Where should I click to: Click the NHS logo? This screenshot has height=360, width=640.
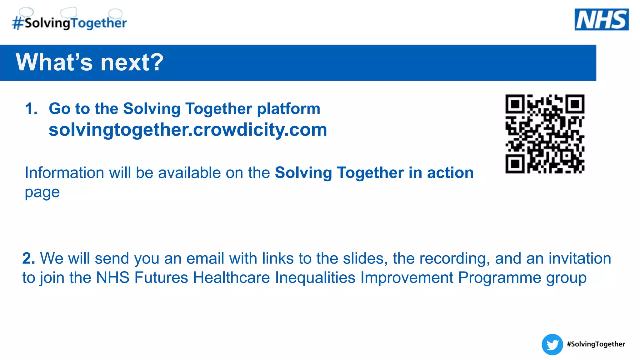(x=602, y=20)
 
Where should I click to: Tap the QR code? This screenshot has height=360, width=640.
(x=545, y=134)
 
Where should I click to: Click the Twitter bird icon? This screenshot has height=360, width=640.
(x=552, y=345)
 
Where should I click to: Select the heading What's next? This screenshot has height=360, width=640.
(x=89, y=62)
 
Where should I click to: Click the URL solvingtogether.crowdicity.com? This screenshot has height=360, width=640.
(x=188, y=130)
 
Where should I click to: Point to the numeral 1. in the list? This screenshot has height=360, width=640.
(x=31, y=109)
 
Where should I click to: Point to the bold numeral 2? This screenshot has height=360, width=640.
(x=28, y=258)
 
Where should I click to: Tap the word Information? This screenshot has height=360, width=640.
(x=64, y=172)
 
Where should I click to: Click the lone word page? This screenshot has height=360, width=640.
(x=42, y=192)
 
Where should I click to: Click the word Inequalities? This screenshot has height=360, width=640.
(x=315, y=277)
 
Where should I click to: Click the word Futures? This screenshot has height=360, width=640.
(x=161, y=277)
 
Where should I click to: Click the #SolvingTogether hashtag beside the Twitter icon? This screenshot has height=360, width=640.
(x=596, y=344)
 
